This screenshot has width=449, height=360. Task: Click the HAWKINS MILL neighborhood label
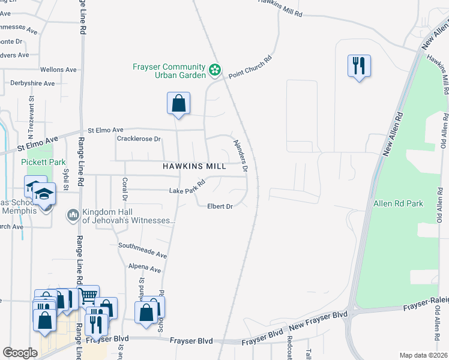click(x=194, y=166)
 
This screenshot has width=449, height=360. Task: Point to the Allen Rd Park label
click(x=399, y=203)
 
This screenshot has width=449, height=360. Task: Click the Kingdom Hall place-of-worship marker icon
click(x=73, y=214)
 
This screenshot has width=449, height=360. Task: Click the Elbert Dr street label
click(x=220, y=206)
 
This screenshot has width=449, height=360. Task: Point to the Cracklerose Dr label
click(x=139, y=139)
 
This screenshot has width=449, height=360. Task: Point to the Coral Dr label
click(x=125, y=188)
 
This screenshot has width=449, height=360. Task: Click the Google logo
click(x=20, y=353)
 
